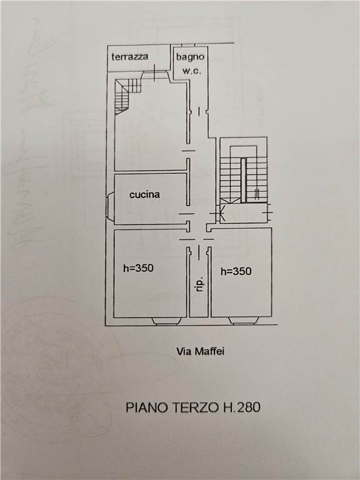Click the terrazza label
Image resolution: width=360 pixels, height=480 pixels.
130,57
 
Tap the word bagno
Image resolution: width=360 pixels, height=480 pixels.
190,57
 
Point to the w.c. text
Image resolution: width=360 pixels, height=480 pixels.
192,71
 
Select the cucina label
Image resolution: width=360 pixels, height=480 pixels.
144,194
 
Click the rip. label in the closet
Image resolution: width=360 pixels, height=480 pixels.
199,285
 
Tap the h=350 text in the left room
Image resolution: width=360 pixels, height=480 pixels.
138,268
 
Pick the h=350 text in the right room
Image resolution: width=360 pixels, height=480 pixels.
236,271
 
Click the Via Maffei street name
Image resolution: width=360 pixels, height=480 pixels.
200,351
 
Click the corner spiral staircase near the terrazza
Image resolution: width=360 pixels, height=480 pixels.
126,95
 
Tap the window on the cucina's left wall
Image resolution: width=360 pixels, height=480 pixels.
110,207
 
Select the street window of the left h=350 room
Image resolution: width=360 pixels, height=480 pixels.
166,321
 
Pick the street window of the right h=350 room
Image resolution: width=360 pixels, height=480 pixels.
244,321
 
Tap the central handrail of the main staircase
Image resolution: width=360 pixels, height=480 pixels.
243,180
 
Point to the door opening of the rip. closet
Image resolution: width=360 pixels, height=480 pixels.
199,252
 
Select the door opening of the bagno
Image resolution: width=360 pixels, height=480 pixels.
199,111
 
